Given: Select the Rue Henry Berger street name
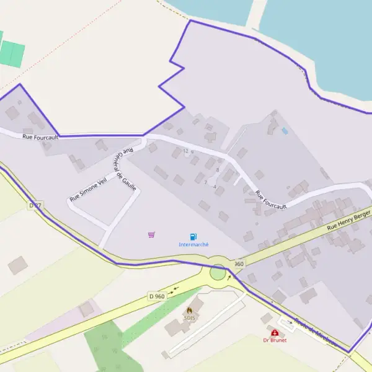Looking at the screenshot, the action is point(348,220).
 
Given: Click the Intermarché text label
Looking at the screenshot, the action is point(193,245).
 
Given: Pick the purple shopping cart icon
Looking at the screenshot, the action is point(151,234).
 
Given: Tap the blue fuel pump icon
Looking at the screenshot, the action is point(193,236).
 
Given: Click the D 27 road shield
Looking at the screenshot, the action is point(35,205).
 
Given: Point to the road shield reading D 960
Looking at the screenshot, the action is point(157,296).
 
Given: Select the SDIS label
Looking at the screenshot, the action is point(189,317).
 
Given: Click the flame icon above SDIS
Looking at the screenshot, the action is point(189,309).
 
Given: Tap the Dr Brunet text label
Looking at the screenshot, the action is point(274,340).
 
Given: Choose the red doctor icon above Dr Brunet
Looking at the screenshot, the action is point(275,332).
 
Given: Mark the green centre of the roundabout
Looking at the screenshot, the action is point(218,272).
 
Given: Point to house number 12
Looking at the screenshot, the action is point(185,151).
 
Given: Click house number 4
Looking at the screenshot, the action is point(215,187).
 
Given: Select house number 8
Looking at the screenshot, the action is point(217,170).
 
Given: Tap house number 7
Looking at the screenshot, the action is point(205,182).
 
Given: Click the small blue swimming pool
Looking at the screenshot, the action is point(285,131).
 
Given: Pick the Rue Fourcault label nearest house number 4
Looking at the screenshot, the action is point(271,200).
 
